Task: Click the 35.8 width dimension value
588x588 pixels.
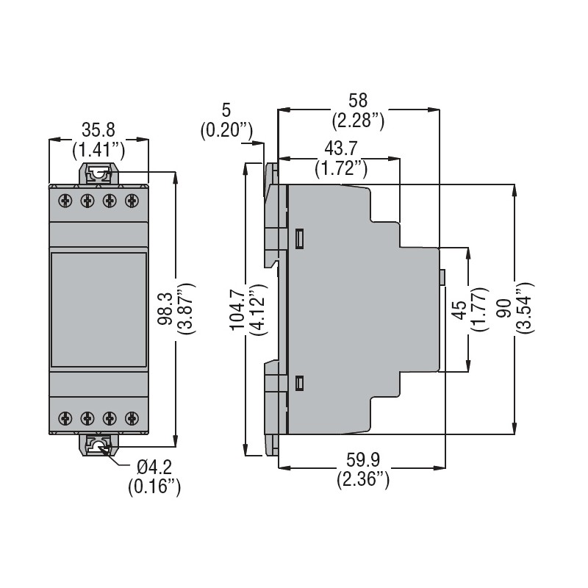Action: [x=98, y=131]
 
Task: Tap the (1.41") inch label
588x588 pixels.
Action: [x=98, y=151]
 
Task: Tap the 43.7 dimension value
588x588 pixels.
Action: [x=340, y=149]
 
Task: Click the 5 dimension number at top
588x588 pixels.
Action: [x=226, y=110]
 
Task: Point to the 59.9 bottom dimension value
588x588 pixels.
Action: [x=363, y=460]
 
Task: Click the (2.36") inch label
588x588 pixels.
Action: [x=363, y=480]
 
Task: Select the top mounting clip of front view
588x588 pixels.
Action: [x=98, y=174]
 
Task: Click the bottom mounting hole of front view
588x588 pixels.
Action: [x=98, y=445]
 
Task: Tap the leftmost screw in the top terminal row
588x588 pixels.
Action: [x=65, y=199]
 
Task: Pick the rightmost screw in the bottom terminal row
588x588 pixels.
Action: [x=132, y=418]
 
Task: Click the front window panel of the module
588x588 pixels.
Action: [x=98, y=308]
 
